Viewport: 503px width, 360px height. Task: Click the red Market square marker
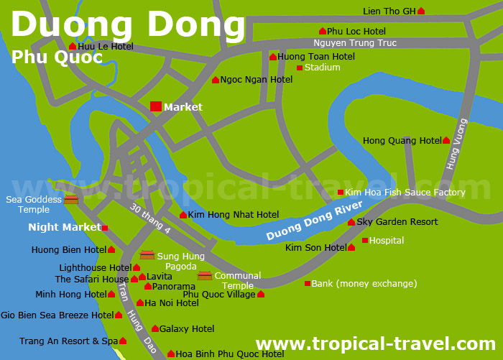[x=156, y=106]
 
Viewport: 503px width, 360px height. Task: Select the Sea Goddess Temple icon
[x=71, y=199]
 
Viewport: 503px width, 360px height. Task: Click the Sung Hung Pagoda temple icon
[x=147, y=254]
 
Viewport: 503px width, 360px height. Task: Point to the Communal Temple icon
[x=205, y=275]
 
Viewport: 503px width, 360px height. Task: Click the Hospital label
[x=387, y=241]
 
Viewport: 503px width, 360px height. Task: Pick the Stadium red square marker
[x=300, y=68]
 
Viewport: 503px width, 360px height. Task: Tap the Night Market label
[x=65, y=227]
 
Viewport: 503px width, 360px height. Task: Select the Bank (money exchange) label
[x=364, y=284]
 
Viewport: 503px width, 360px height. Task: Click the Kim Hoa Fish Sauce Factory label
[x=405, y=193]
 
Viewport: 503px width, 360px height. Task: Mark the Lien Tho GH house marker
[x=421, y=11]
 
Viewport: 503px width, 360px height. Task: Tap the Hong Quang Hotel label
[x=402, y=141]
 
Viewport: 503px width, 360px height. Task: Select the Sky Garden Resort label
[x=397, y=222]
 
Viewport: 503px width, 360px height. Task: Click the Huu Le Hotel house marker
[x=73, y=47]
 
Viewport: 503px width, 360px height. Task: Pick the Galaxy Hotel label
[x=187, y=329]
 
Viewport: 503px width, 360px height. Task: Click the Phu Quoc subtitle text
[x=57, y=57]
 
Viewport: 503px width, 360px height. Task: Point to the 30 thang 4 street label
[x=150, y=218]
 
